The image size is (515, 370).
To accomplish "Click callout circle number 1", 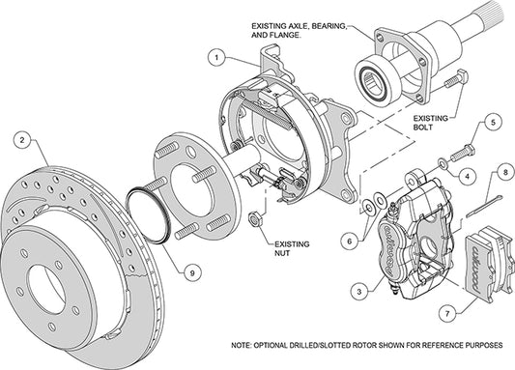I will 219,57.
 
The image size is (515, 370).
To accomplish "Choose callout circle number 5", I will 492,123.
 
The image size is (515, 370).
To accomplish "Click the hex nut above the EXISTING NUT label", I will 256,219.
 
